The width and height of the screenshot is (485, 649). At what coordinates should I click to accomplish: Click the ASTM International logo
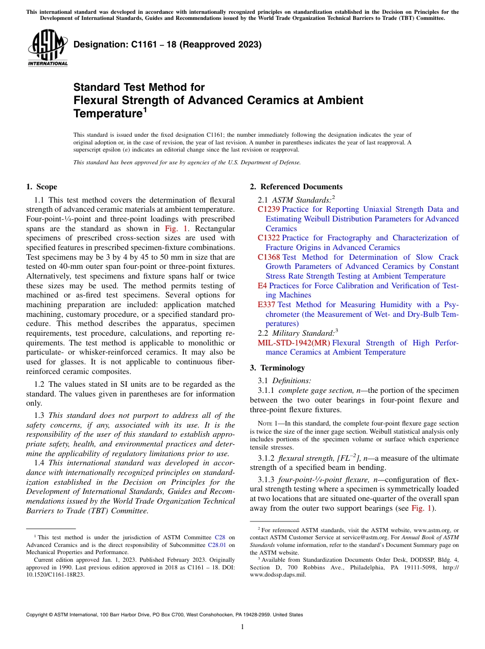coord(47,48)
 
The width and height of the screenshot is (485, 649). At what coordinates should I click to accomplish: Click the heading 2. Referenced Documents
coord(296,187)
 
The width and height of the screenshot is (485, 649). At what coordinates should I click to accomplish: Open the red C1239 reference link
coord(269,209)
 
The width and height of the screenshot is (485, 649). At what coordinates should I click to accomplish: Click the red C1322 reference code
coord(269,238)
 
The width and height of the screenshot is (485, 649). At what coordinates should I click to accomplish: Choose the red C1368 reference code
coord(269,257)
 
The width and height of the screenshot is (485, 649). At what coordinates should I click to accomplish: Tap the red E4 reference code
coord(262,286)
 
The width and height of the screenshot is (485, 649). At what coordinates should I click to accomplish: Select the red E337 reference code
coord(266,305)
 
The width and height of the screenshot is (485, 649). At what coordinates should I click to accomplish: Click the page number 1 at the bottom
coord(243,627)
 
